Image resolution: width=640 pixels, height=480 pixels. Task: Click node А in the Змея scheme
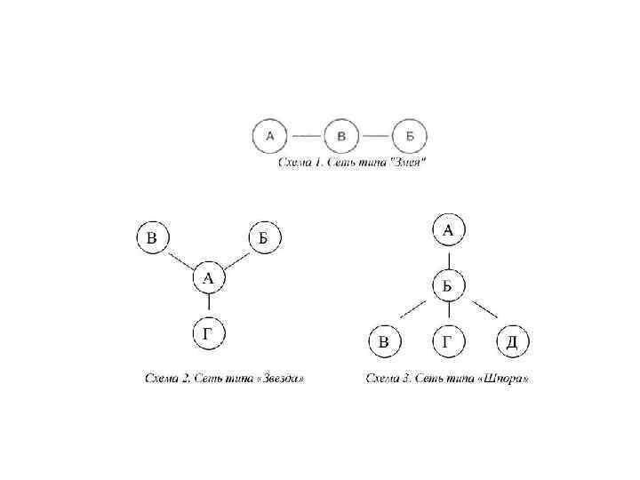click(x=270, y=136)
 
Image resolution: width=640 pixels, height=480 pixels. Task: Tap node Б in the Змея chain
click(x=410, y=137)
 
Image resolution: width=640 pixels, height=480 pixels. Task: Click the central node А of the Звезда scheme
click(x=208, y=278)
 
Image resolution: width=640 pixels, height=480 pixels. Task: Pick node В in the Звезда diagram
click(x=153, y=237)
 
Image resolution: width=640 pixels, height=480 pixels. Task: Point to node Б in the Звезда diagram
click(x=264, y=237)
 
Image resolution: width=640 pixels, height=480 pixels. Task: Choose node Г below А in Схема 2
click(x=208, y=334)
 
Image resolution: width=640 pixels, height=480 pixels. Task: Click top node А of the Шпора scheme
click(x=449, y=231)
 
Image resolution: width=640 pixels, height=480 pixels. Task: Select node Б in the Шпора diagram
click(x=449, y=285)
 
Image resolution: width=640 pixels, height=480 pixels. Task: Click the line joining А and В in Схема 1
click(x=306, y=137)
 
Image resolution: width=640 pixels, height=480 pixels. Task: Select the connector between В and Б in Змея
click(x=376, y=137)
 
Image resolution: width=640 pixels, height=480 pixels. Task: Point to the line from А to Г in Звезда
click(x=208, y=307)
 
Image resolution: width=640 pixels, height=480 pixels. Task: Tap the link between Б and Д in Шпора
click(x=484, y=311)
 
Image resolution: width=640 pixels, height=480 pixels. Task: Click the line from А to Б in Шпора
click(x=449, y=258)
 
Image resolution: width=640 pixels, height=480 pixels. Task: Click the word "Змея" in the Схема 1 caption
click(x=408, y=163)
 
